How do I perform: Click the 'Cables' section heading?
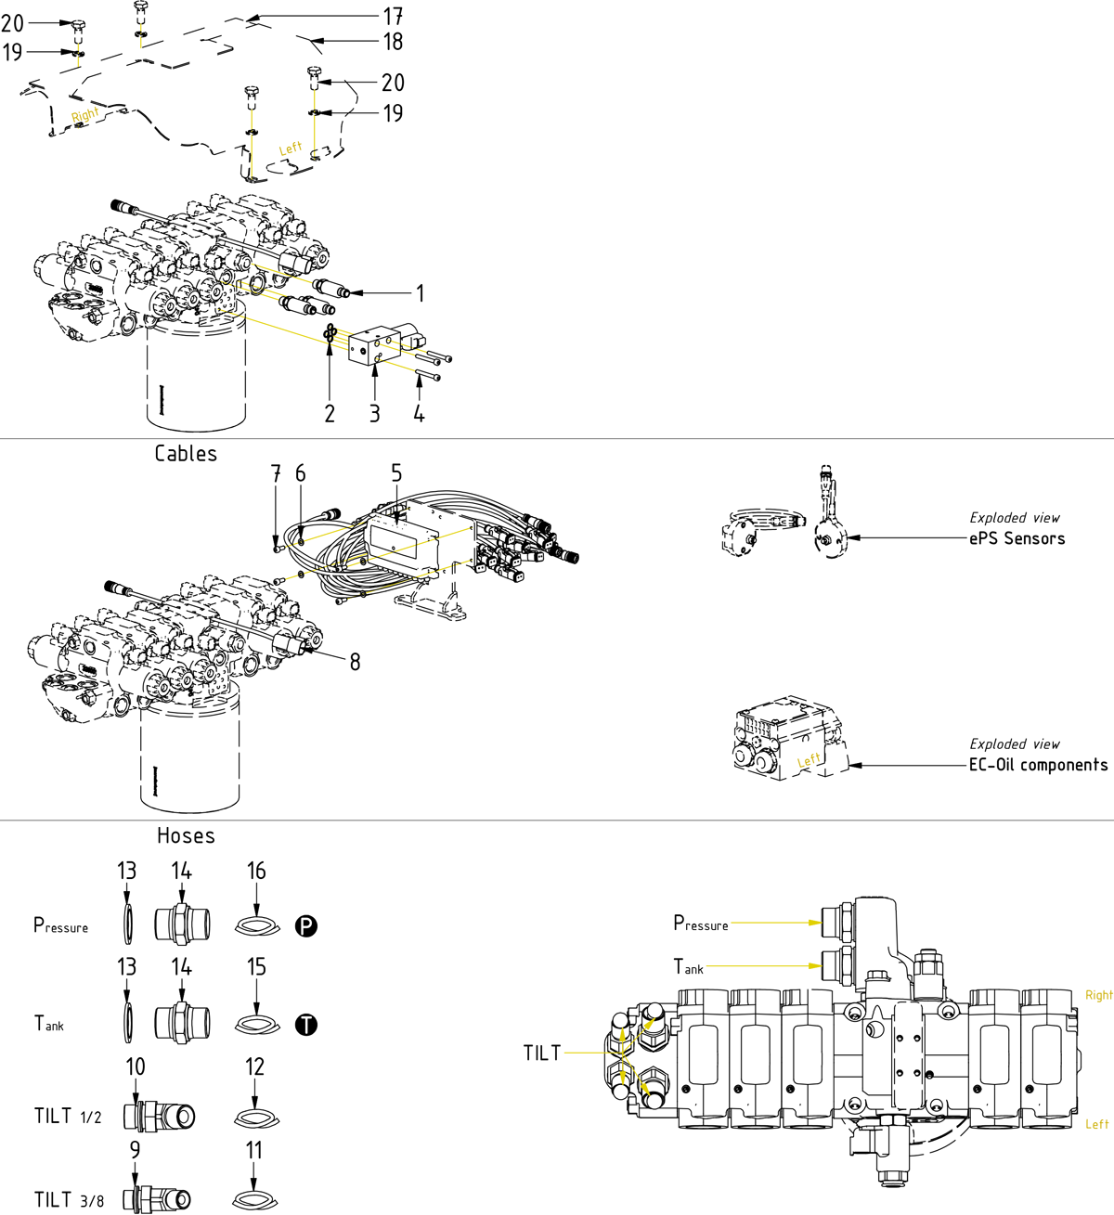[x=186, y=454]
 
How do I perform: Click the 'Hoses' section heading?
[x=186, y=835]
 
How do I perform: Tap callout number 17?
[x=393, y=16]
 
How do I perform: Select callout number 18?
[x=393, y=42]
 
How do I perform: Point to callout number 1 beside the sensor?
[x=420, y=293]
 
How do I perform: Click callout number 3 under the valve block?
[x=374, y=414]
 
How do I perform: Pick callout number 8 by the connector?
[x=355, y=662]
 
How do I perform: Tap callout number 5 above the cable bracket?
[x=396, y=473]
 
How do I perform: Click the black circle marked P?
[x=306, y=925]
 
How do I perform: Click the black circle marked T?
[x=306, y=1025]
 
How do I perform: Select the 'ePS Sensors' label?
[x=1017, y=538]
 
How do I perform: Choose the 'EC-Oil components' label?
[x=1038, y=765]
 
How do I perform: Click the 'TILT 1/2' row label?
[x=68, y=1116]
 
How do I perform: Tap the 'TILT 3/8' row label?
[x=69, y=1199]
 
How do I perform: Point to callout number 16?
[x=256, y=871]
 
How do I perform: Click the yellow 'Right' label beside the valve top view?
[x=1098, y=995]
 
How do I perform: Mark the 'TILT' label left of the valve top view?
[x=542, y=1053]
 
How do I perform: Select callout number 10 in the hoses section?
[x=136, y=1066]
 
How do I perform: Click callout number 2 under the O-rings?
[x=330, y=414]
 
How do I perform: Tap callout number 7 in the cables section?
[x=276, y=473]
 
